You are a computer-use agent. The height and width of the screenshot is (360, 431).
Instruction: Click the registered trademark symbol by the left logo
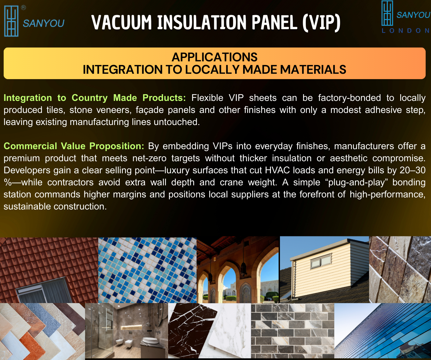(x=23, y=8)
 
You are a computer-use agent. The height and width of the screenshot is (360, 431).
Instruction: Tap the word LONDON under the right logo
(x=406, y=31)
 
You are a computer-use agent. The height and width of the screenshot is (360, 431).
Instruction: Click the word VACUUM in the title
(x=122, y=22)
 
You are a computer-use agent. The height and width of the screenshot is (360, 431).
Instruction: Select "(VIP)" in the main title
(x=321, y=22)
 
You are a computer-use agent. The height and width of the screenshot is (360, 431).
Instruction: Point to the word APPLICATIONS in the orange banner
(x=214, y=57)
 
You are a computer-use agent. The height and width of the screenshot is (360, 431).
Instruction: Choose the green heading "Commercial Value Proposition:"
(x=74, y=146)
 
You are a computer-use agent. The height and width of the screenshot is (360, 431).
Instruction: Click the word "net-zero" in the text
(x=149, y=158)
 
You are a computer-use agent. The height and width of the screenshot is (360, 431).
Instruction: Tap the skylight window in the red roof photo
(x=45, y=290)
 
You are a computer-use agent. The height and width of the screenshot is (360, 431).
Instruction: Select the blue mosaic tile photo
(x=147, y=270)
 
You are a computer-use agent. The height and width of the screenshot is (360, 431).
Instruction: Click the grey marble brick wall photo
(x=292, y=331)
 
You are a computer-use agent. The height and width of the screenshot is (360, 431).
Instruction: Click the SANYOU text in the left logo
(x=44, y=23)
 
